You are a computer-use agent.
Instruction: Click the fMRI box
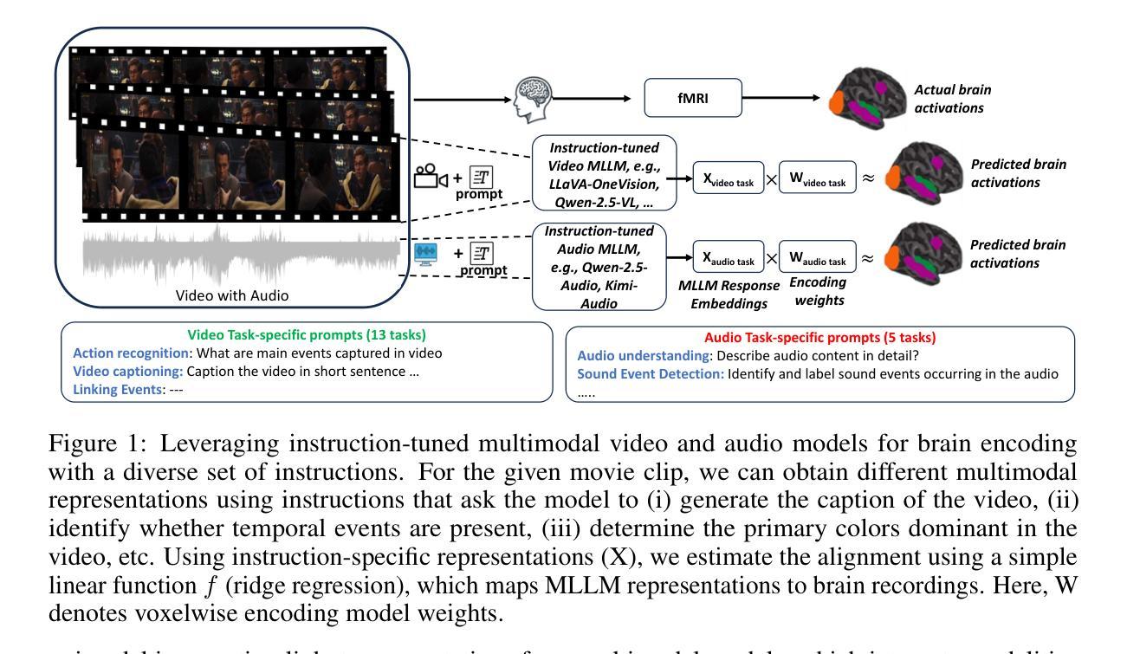pos(693,98)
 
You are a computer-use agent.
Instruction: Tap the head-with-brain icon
pos(532,99)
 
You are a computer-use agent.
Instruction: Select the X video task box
pos(728,178)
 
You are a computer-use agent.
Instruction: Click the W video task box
pos(817,178)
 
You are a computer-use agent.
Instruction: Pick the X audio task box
pos(728,257)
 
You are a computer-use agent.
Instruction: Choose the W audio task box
pos(817,257)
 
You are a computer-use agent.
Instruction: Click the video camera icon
pos(431,176)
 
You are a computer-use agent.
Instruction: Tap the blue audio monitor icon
pos(425,254)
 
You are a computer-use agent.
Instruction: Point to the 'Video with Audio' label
pos(232,295)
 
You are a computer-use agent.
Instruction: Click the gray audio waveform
pos(241,254)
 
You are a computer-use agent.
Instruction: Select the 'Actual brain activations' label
pos(952,99)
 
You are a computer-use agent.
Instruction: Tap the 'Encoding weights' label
pos(819,291)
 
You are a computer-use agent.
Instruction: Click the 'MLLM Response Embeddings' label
pos(729,295)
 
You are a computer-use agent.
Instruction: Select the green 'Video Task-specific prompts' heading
pos(307,335)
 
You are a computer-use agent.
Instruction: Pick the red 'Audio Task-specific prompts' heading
pos(819,338)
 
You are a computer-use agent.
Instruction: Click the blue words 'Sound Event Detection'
pos(650,374)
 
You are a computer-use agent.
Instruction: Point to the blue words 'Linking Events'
pos(118,390)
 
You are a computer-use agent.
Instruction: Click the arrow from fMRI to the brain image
pos(780,98)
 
